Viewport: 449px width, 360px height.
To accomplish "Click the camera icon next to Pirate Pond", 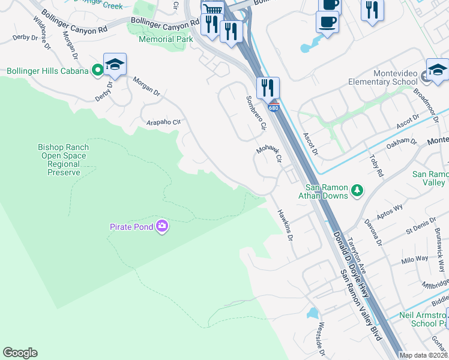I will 161,226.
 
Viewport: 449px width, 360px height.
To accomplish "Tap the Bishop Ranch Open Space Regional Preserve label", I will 63,160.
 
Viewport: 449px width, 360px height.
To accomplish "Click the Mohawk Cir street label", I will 269,153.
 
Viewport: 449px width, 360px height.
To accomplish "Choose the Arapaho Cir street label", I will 163,122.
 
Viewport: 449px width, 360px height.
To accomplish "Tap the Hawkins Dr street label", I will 285,225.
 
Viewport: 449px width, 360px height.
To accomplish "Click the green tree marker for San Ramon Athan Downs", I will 357,190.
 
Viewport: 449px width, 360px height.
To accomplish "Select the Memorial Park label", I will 166,39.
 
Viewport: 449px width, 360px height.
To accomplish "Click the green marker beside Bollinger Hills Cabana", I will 97,71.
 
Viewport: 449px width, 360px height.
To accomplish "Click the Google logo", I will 20,353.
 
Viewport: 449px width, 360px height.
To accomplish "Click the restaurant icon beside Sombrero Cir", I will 267,87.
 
